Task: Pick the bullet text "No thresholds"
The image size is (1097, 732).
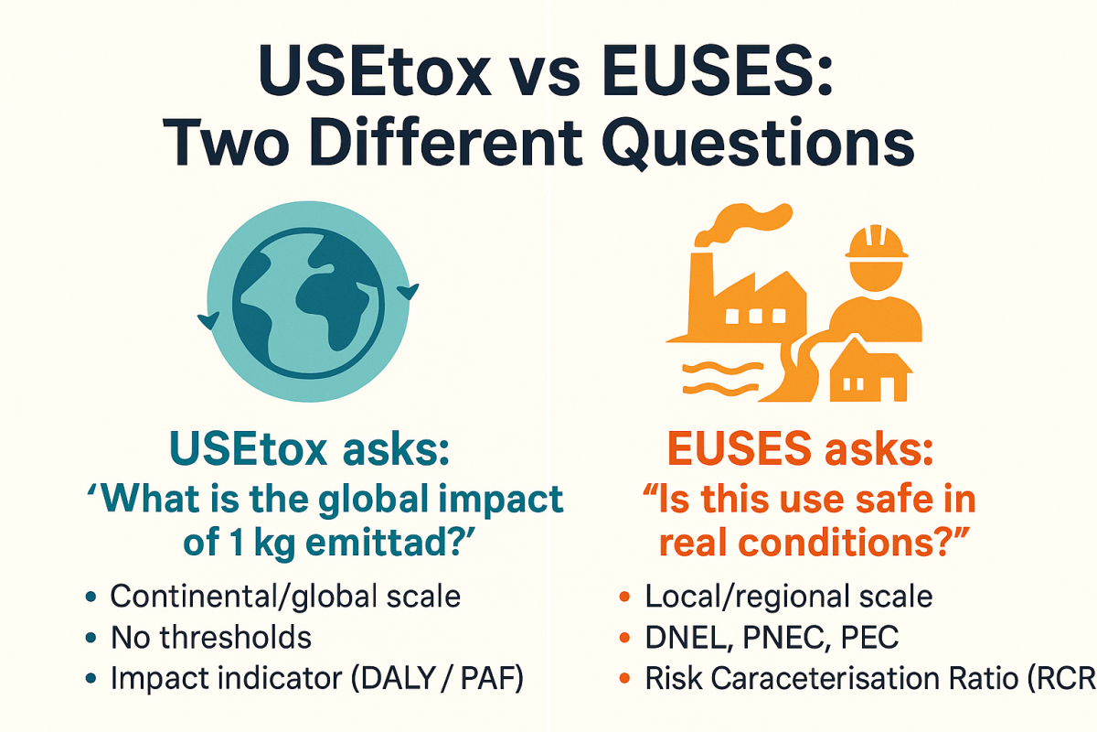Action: click(211, 637)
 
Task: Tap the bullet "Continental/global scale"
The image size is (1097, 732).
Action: click(285, 597)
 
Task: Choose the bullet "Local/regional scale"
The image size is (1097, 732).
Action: click(789, 597)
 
